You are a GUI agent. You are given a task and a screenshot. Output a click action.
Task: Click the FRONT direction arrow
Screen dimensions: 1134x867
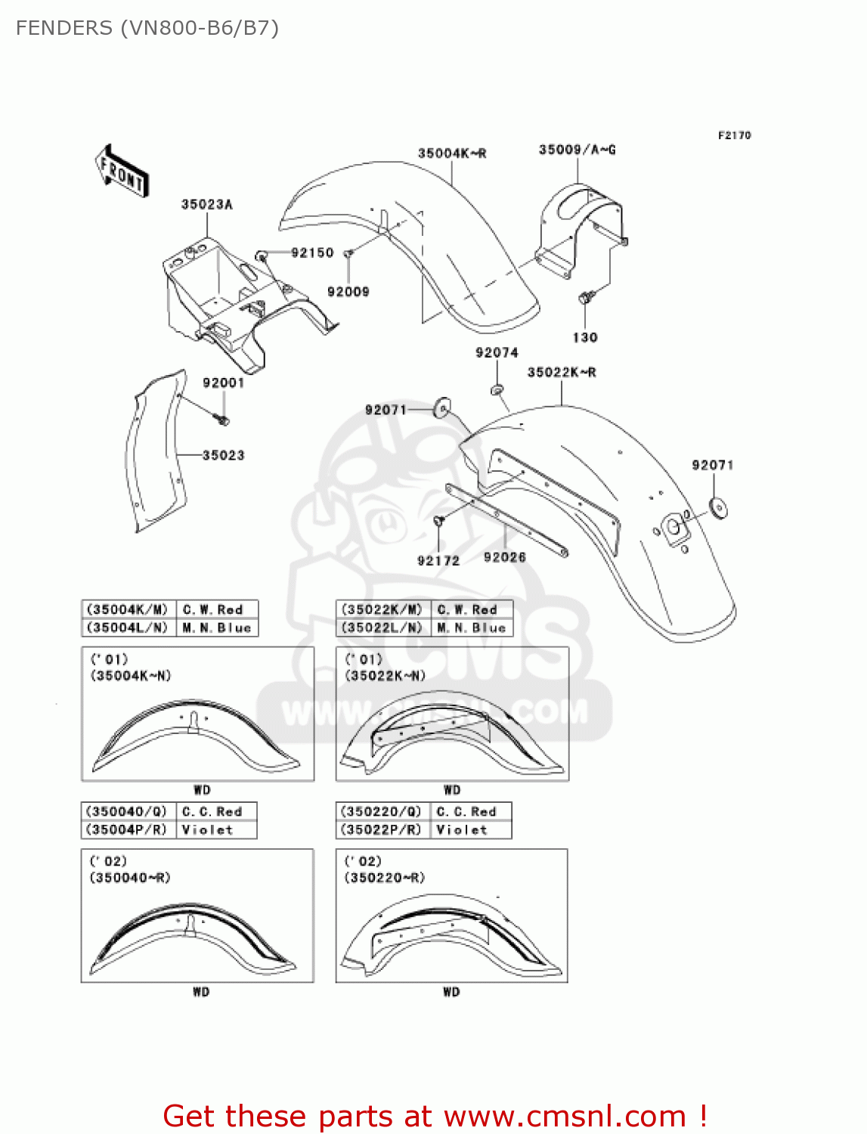click(122, 172)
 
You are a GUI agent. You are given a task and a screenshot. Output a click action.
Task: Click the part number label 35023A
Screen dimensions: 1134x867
click(206, 204)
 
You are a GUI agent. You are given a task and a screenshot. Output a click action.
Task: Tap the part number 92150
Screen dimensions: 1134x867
click(312, 253)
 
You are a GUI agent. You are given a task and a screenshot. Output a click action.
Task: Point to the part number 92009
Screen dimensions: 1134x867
click(348, 292)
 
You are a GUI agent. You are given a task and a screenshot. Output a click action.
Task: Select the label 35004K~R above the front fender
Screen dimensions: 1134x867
click(452, 153)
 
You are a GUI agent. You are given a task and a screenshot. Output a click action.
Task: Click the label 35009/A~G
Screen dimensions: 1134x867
click(577, 150)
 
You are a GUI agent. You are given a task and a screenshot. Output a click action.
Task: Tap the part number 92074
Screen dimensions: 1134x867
click(497, 353)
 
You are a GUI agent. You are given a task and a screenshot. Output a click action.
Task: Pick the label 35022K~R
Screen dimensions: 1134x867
click(562, 372)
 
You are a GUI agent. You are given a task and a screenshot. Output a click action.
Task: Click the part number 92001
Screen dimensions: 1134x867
click(223, 383)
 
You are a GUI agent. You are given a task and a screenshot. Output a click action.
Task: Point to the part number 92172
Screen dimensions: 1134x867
click(438, 560)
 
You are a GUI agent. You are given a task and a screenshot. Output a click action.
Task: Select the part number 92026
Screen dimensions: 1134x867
click(504, 557)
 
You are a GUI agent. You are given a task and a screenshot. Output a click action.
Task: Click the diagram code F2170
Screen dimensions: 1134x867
click(734, 135)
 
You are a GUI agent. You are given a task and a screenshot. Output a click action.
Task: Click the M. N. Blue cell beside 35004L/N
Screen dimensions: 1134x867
click(217, 628)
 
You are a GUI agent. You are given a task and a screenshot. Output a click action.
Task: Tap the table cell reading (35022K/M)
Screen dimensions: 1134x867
click(382, 609)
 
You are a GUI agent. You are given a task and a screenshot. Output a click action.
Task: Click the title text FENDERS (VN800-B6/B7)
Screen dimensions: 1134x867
click(147, 28)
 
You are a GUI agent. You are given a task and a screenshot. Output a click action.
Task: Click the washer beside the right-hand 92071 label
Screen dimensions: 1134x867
click(719, 507)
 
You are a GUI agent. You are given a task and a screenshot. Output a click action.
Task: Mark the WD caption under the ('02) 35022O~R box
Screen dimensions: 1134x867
click(451, 992)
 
